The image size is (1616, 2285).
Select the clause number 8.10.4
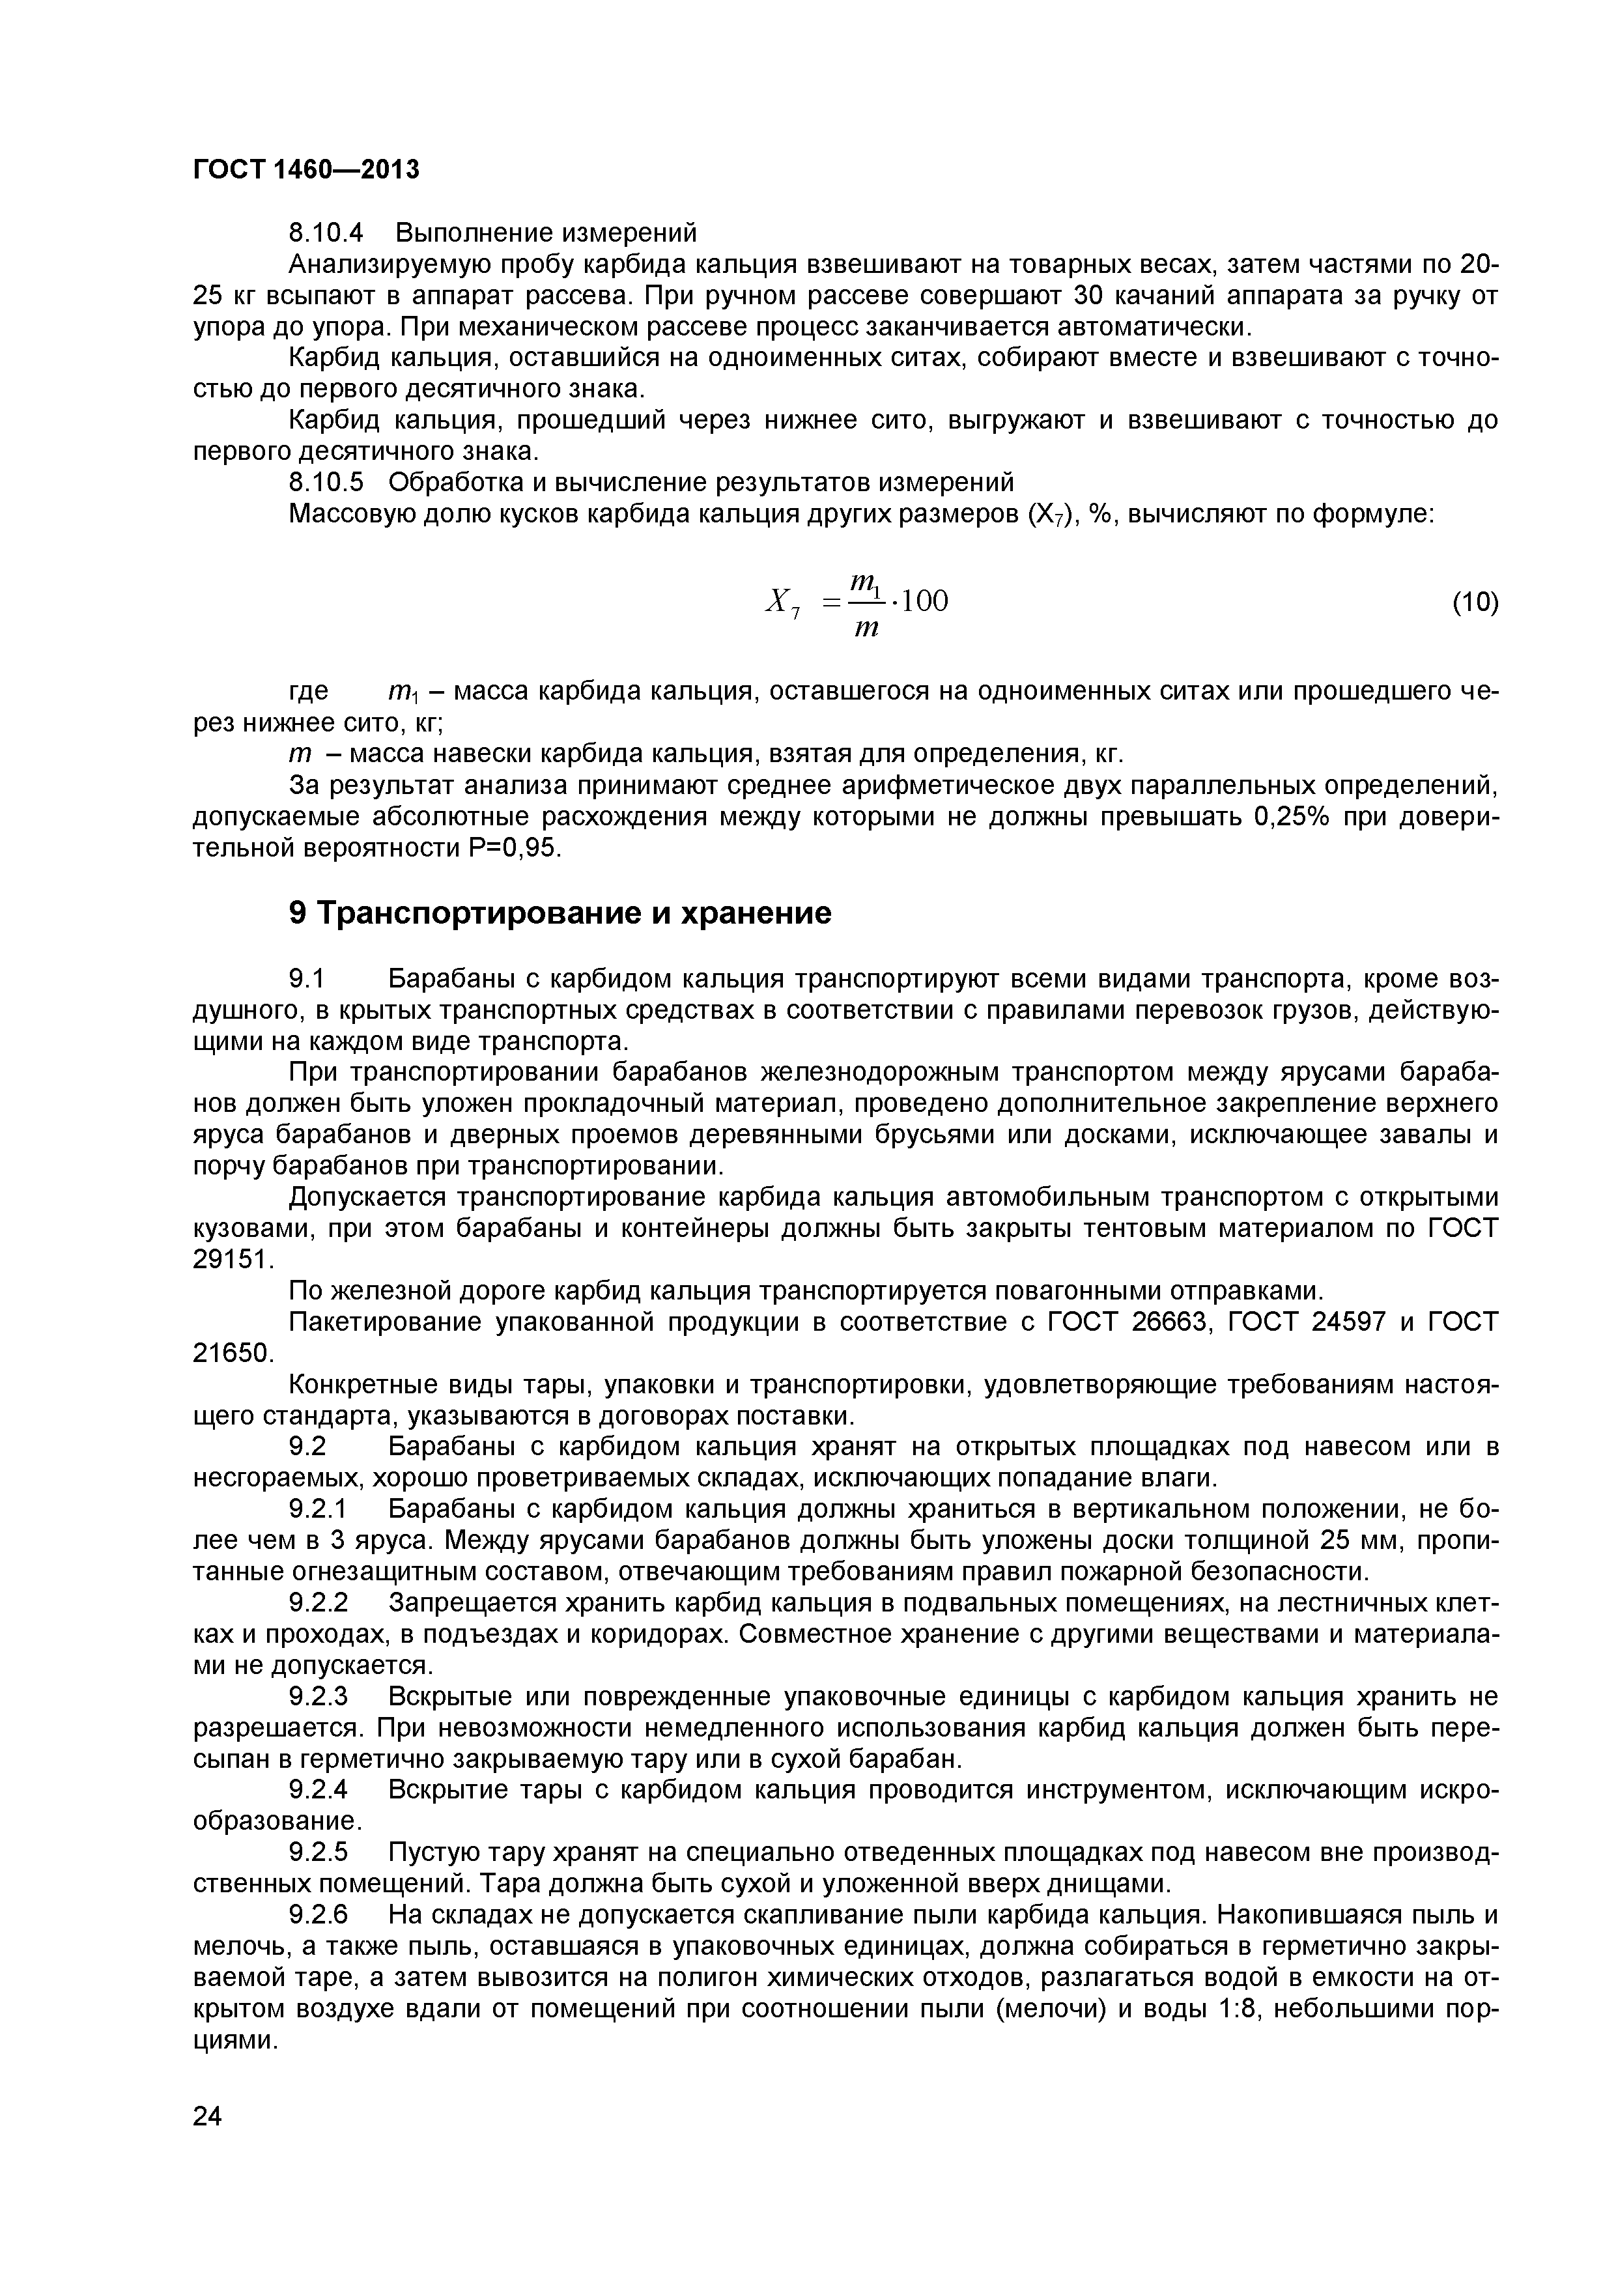(326, 233)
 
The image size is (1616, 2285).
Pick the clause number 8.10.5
(326, 483)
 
